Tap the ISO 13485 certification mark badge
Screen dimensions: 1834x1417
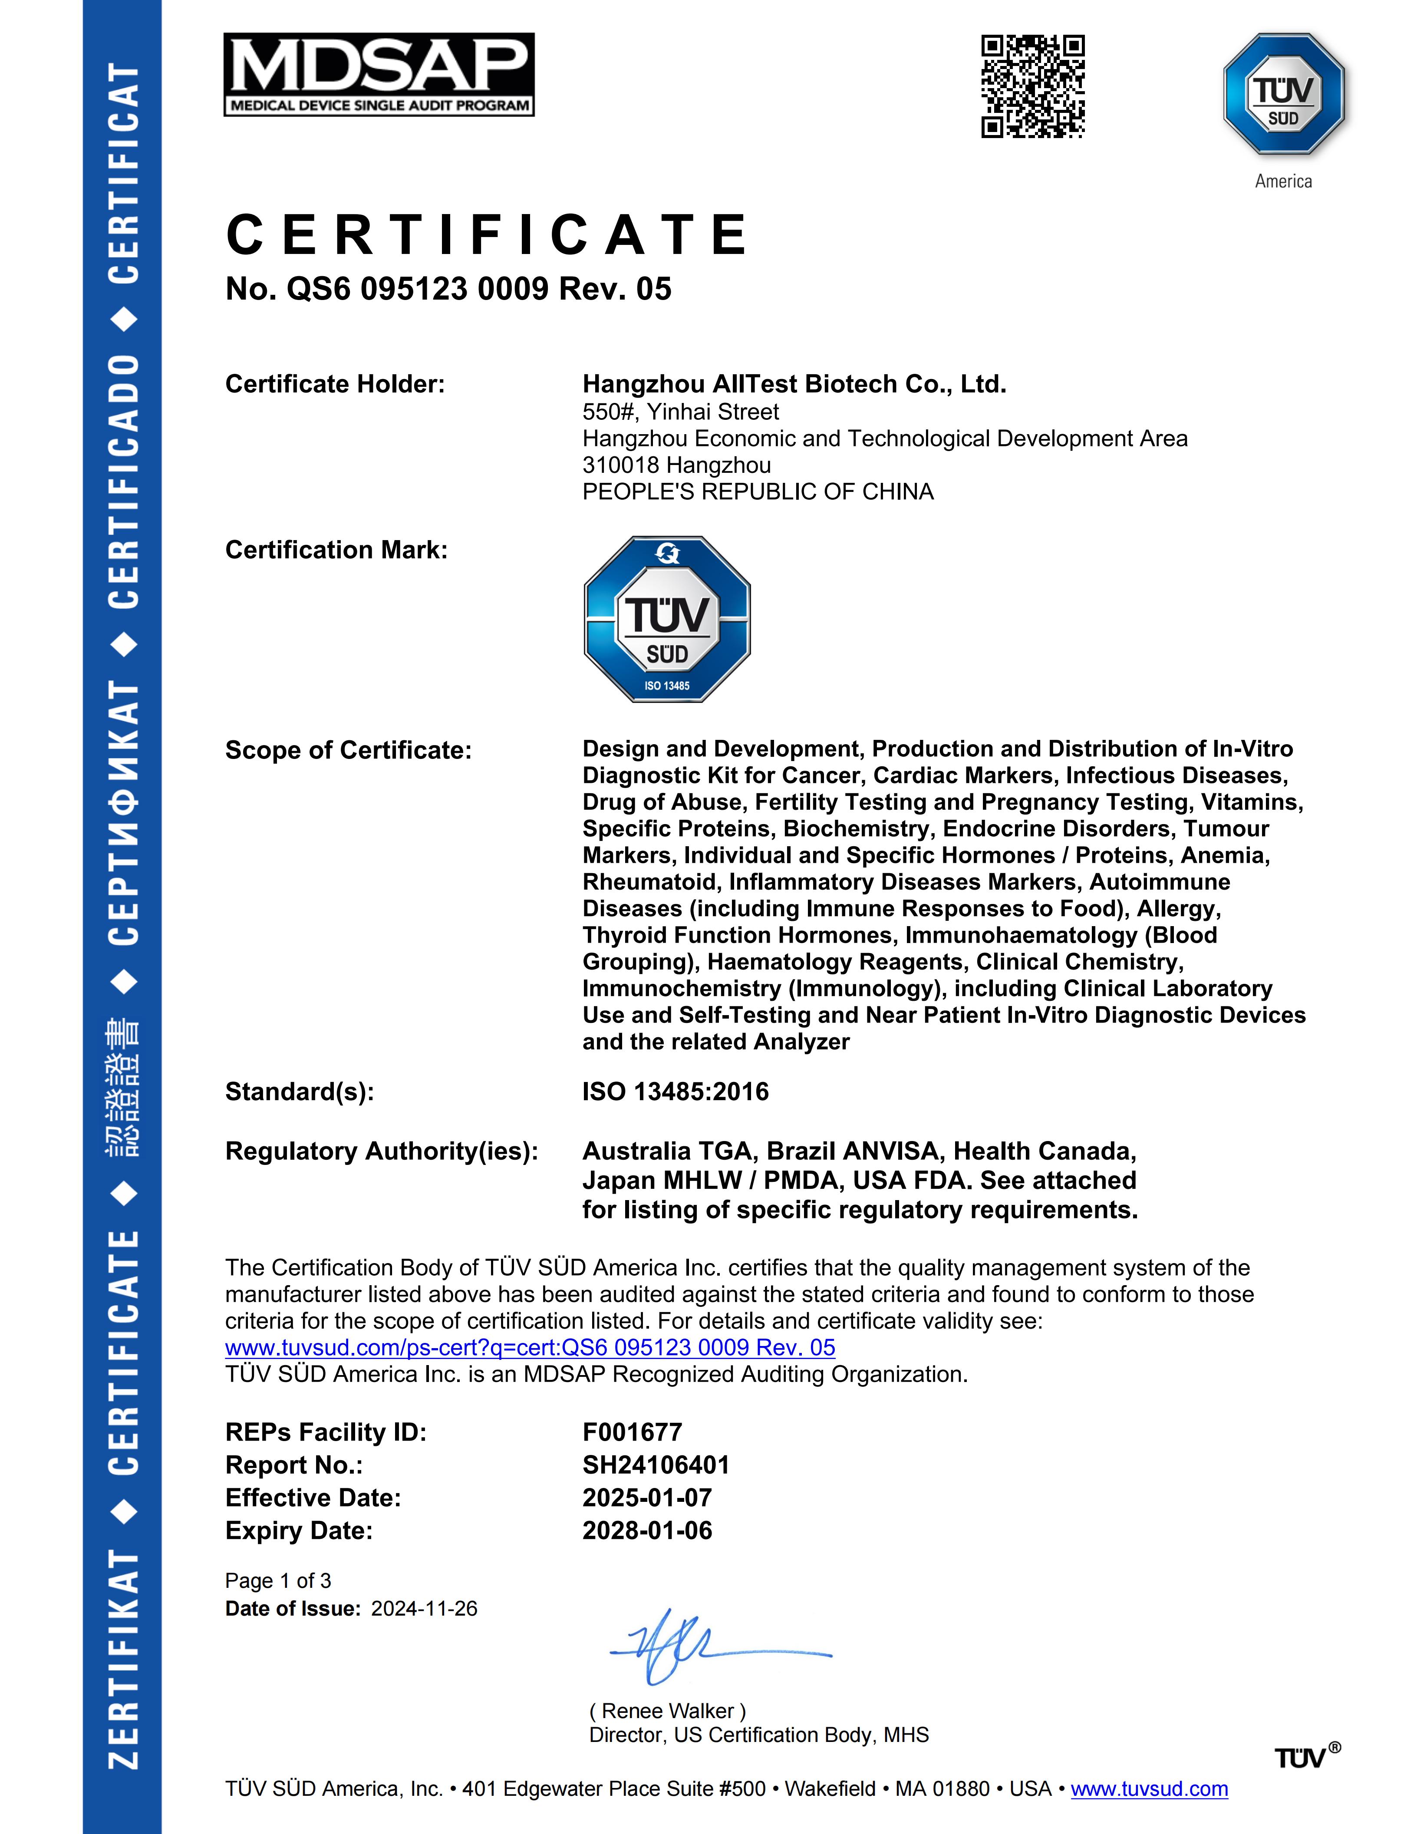[667, 619]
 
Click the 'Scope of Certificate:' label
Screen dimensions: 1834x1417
[348, 750]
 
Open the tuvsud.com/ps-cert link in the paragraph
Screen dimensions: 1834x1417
[530, 1348]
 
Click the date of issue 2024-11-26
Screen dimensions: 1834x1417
[424, 1609]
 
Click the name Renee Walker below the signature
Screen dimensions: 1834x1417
[667, 1711]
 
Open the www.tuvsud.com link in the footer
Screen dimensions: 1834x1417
[1149, 1789]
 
